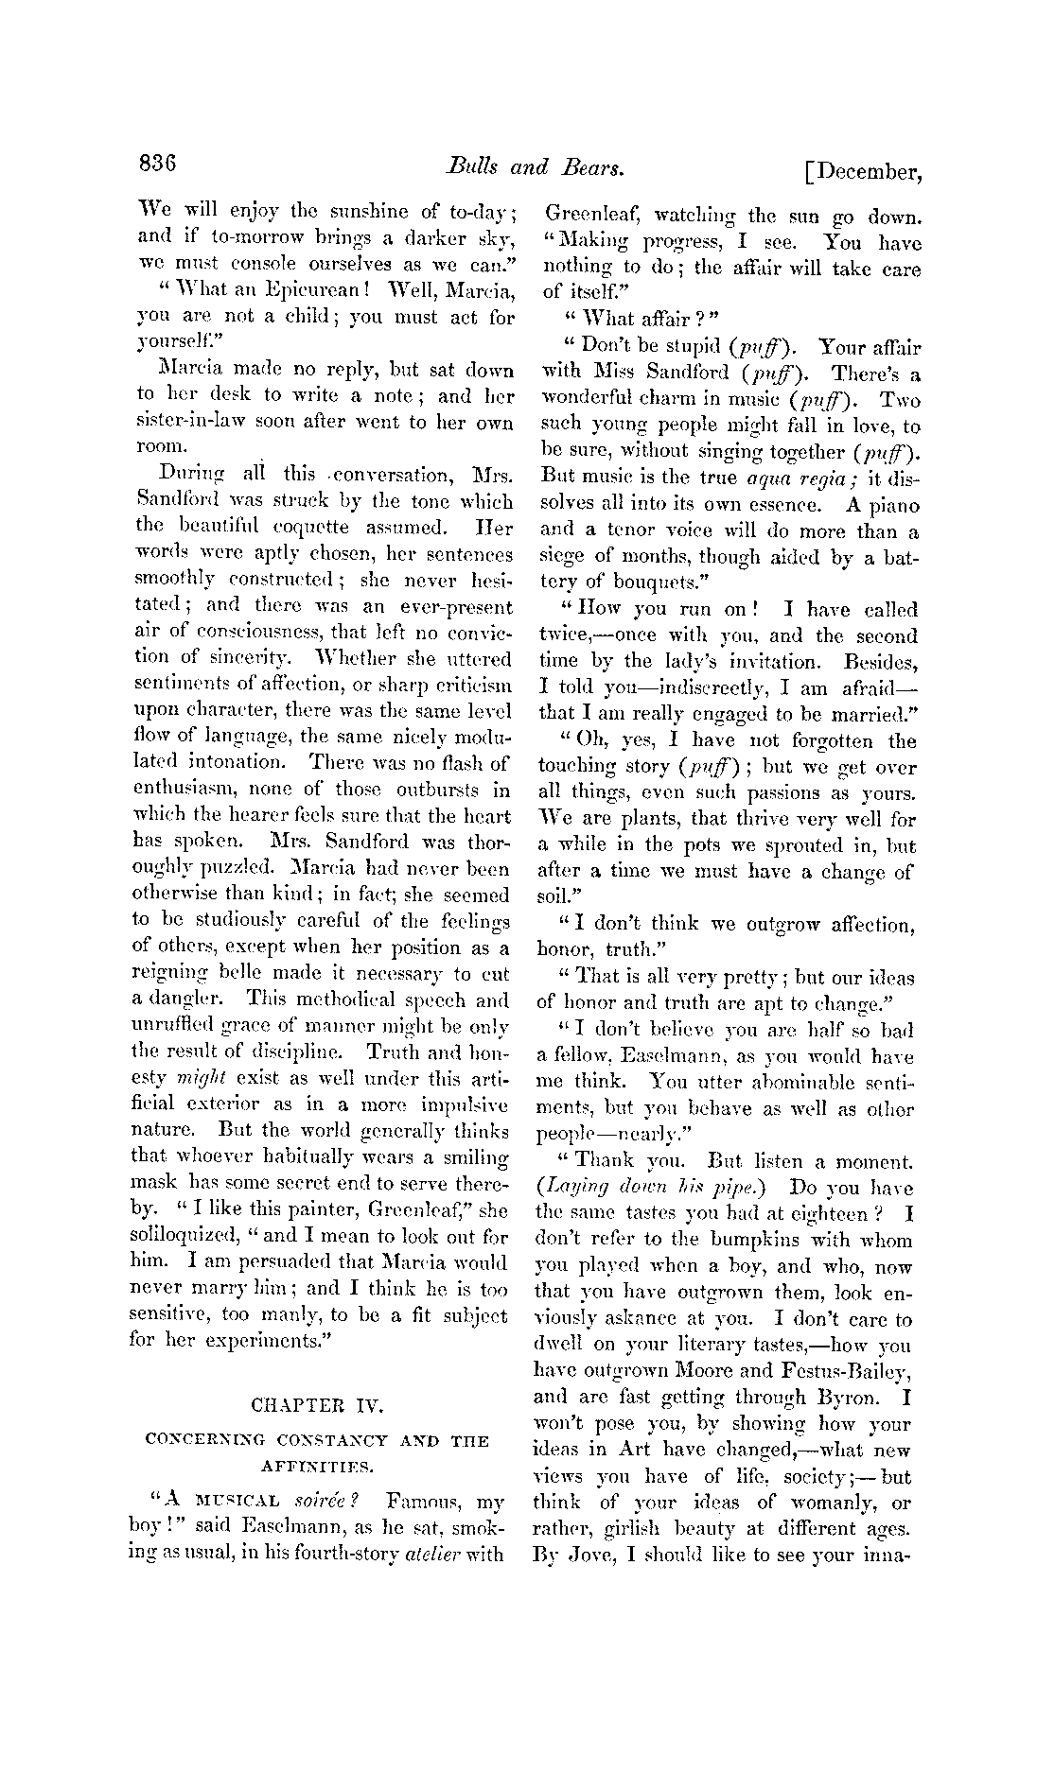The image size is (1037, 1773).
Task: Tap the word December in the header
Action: click(x=867, y=172)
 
